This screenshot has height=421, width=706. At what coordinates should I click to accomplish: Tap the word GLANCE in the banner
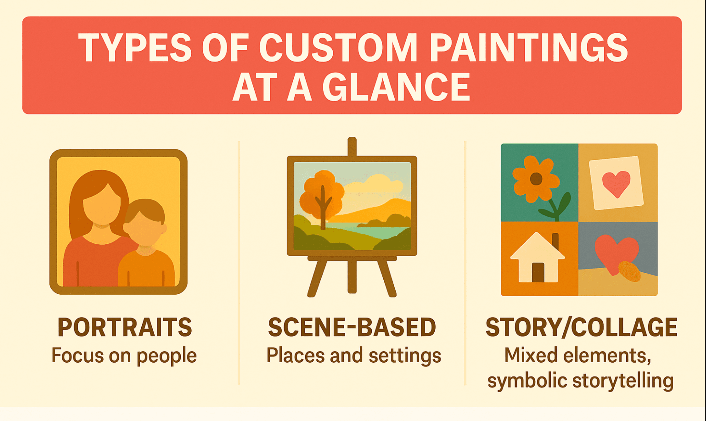[396, 87]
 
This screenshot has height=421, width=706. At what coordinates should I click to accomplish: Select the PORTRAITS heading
[125, 327]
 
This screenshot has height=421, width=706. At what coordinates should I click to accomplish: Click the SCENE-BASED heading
[352, 327]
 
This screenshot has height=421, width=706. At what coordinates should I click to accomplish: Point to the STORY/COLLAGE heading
[581, 327]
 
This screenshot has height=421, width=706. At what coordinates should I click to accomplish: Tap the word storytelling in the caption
[623, 381]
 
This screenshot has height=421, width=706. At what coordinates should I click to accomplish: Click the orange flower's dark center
[536, 179]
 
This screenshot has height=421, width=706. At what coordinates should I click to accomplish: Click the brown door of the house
[538, 273]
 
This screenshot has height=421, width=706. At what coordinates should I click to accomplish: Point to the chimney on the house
[555, 240]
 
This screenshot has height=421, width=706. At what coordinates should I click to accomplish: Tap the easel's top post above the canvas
[352, 147]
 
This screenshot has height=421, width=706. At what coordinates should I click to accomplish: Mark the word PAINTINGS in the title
[529, 48]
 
